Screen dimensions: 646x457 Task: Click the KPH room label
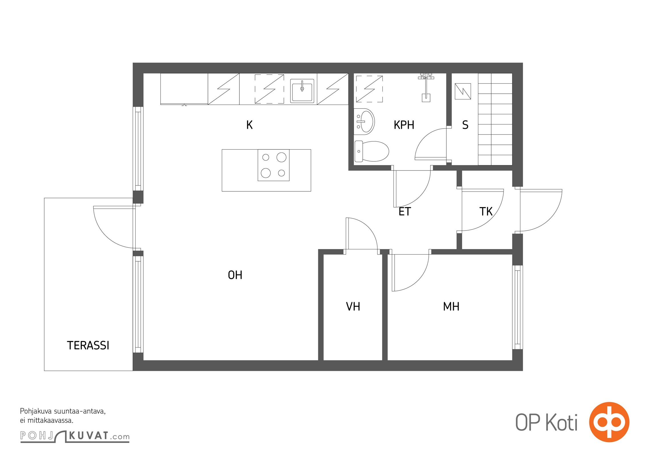[404, 125]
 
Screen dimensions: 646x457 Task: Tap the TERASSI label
[88, 346]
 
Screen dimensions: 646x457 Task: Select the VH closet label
[353, 306]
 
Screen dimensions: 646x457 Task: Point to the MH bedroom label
[451, 306]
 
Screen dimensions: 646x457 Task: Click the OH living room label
[235, 275]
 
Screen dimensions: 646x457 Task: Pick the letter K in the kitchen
[249, 125]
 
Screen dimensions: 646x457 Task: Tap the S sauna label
[465, 125]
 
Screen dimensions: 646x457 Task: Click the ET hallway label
[405, 212]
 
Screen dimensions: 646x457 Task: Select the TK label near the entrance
[486, 212]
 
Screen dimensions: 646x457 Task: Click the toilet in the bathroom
[372, 151]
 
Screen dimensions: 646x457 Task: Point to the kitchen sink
[302, 91]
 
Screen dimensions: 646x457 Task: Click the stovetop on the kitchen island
[274, 165]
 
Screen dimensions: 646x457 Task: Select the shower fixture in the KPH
[426, 87]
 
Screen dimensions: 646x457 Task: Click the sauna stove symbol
[463, 91]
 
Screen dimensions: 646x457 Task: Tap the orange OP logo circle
[609, 422]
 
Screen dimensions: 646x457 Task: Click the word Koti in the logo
[561, 422]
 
